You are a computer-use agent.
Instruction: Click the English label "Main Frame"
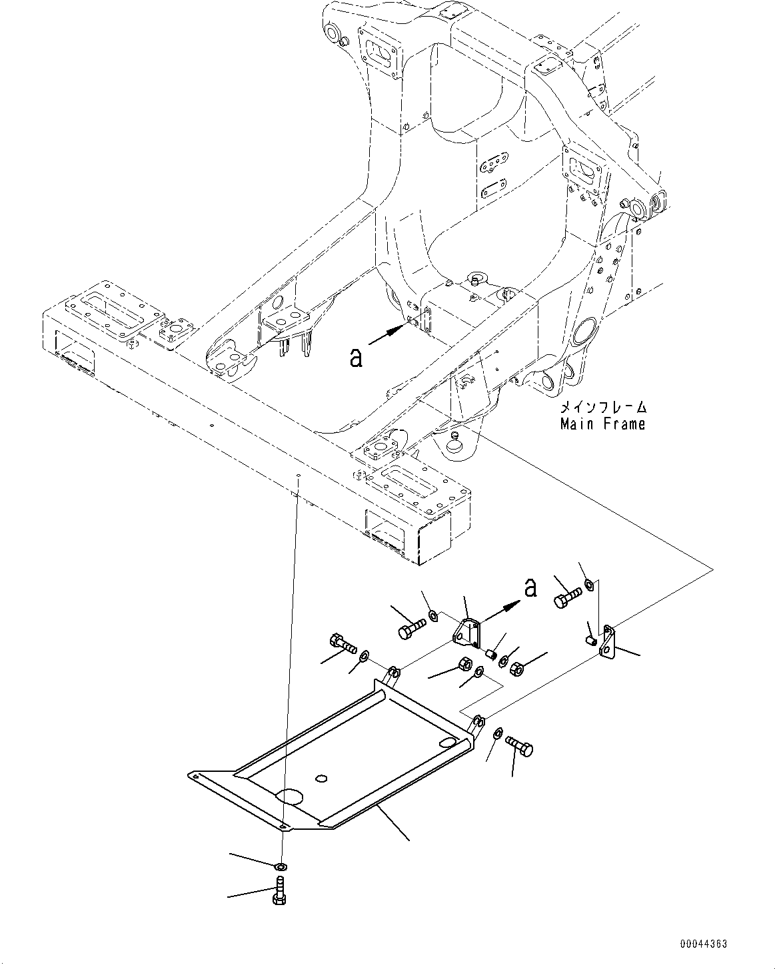click(x=602, y=424)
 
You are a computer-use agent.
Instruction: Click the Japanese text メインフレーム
click(x=603, y=408)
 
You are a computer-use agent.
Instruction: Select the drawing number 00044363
click(x=704, y=944)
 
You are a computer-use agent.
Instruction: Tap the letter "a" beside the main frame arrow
click(x=357, y=358)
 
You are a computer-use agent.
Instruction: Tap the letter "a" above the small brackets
click(x=530, y=588)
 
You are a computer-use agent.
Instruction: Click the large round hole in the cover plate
click(x=291, y=797)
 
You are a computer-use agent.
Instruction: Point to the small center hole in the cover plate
click(x=322, y=778)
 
